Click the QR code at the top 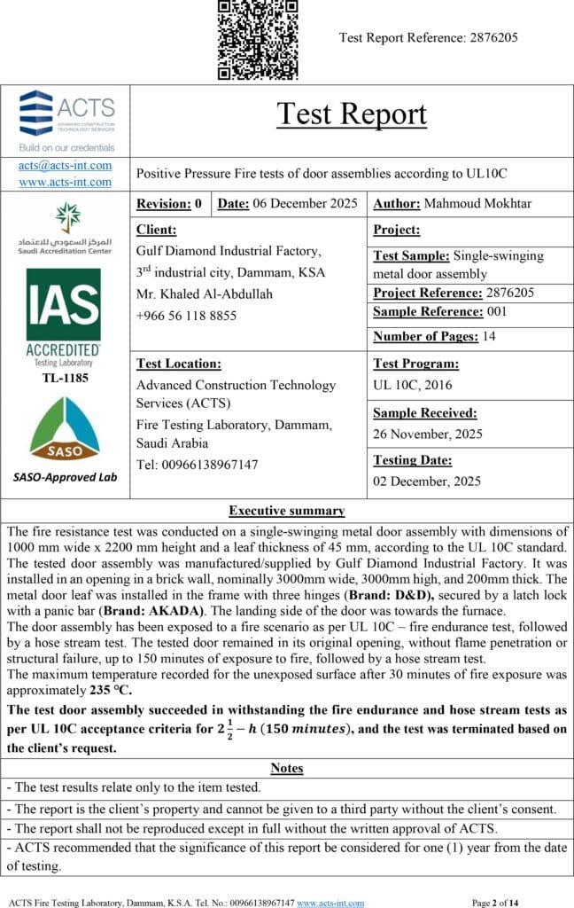click(x=258, y=39)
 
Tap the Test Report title click(x=352, y=113)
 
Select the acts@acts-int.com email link click(x=66, y=165)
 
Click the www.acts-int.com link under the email click(x=66, y=182)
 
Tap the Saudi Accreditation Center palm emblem click(x=66, y=216)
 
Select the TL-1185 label click(x=65, y=377)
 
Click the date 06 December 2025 click(x=305, y=204)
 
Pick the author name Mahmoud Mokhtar click(x=477, y=204)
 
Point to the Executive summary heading click(x=286, y=511)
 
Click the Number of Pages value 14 click(x=489, y=336)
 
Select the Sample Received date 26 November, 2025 click(x=427, y=434)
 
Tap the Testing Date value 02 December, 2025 click(x=427, y=481)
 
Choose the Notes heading click(x=286, y=768)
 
